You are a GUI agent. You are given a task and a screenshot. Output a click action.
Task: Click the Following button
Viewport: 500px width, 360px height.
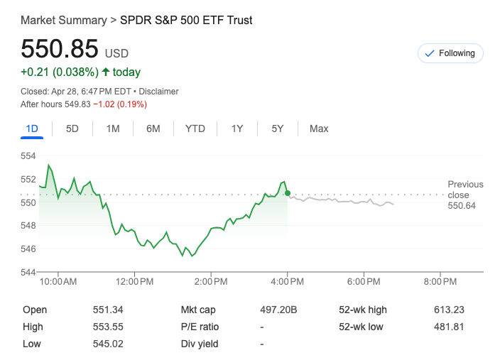tap(450, 53)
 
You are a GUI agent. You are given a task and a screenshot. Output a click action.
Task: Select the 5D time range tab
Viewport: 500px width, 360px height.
tap(72, 129)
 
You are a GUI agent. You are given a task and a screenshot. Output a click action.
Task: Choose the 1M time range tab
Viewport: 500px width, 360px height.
tap(113, 129)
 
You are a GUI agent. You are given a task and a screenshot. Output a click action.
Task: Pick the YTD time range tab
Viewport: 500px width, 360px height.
tap(195, 129)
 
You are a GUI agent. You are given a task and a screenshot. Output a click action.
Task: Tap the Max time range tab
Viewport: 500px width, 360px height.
tap(319, 129)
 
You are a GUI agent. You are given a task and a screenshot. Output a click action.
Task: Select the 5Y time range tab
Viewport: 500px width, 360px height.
tap(277, 129)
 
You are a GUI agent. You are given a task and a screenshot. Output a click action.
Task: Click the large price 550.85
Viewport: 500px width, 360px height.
tap(60, 49)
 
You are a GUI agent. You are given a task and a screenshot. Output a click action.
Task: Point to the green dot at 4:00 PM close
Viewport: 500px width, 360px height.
tap(287, 193)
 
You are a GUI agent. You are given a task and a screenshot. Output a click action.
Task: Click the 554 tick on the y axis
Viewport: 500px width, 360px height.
tap(28, 156)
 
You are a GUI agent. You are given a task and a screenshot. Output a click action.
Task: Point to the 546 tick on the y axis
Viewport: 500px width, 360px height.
tap(28, 249)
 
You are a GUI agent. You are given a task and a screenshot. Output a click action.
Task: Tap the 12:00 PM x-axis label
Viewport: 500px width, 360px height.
tap(134, 282)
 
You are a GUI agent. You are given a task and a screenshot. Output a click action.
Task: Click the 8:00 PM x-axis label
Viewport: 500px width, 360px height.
tap(440, 282)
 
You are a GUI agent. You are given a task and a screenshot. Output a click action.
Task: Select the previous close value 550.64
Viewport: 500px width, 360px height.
tap(462, 205)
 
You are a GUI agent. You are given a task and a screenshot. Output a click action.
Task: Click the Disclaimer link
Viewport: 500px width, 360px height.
tap(158, 92)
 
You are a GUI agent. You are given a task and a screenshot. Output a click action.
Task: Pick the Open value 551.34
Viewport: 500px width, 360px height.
tap(108, 310)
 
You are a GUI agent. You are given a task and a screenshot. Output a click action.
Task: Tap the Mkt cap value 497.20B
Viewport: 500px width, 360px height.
tap(278, 310)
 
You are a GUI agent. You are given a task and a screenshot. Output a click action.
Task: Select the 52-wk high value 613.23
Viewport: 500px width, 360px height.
tap(448, 310)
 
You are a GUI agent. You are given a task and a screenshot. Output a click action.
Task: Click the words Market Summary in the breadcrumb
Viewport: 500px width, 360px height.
tap(63, 20)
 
